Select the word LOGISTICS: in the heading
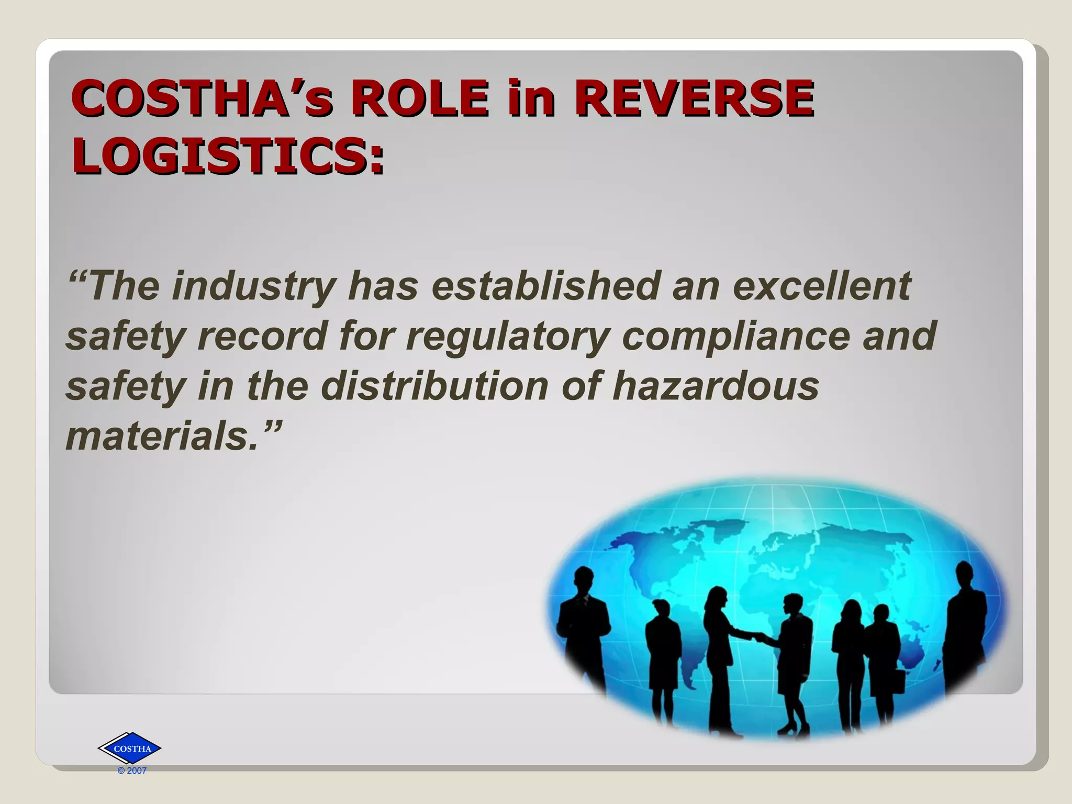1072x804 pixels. [228, 156]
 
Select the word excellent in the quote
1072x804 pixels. [822, 286]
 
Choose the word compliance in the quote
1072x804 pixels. [735, 336]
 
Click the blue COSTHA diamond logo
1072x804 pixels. [130, 749]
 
